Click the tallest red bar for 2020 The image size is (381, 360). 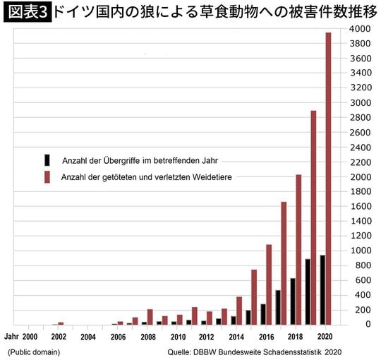coord(328,176)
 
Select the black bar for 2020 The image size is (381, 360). coord(322,289)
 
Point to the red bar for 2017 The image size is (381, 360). coord(284,263)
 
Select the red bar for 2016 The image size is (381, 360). coord(269,284)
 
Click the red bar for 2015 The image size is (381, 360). coord(254,296)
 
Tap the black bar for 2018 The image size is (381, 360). coord(292,301)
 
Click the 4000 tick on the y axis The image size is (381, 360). coord(359,29)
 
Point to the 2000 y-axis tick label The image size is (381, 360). coord(359,176)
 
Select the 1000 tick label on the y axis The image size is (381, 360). coord(359,251)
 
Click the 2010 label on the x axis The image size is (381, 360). coord(178,337)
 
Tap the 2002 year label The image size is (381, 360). coord(59,337)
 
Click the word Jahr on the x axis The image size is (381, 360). coord(12,337)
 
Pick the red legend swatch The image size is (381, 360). coord(47,176)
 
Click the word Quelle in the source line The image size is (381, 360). coord(181,352)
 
